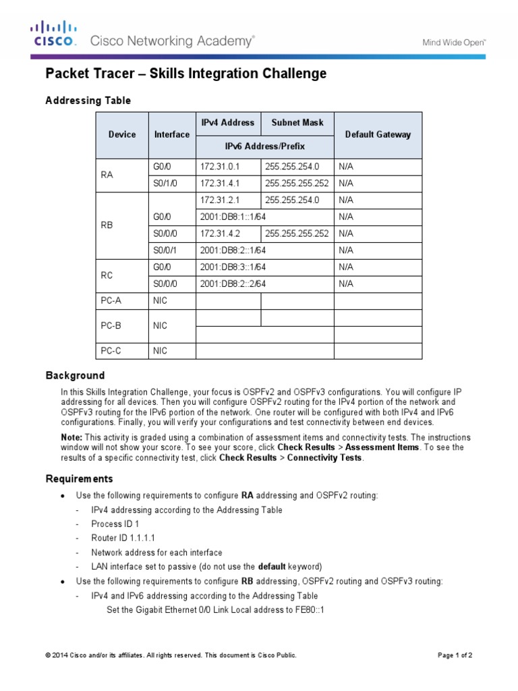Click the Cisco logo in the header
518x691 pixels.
pyautogui.click(x=53, y=34)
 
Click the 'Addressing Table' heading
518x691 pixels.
pyautogui.click(x=88, y=101)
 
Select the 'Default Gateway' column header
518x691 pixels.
pyautogui.click(x=378, y=134)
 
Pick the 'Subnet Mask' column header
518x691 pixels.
pyautogui.click(x=297, y=123)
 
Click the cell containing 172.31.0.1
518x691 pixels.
pyautogui.click(x=220, y=165)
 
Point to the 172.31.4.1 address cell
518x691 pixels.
pyautogui.click(x=220, y=182)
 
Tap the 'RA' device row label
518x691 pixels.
pyautogui.click(x=107, y=174)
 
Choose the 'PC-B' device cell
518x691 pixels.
pyautogui.click(x=111, y=325)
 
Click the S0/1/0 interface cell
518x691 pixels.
pyautogui.click(x=166, y=182)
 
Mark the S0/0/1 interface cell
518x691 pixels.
pyautogui.click(x=165, y=250)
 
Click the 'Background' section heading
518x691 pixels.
pyautogui.click(x=75, y=375)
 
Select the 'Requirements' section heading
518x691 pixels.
pyautogui.click(x=79, y=478)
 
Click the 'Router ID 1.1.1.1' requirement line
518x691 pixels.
pyautogui.click(x=123, y=538)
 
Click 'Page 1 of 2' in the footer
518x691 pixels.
pyautogui.click(x=455, y=655)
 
